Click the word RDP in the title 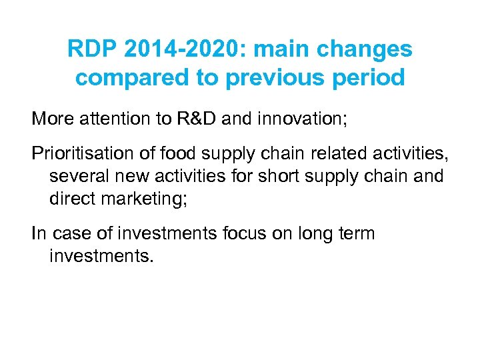[91, 49]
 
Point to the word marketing [141, 199]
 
